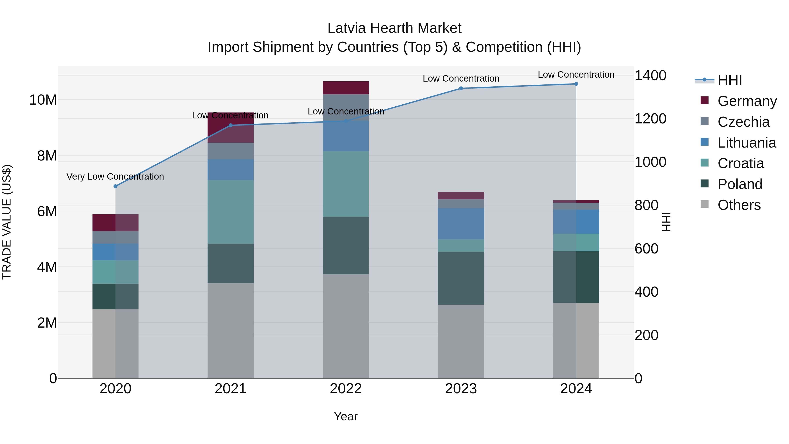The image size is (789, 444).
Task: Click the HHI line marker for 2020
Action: pos(116,186)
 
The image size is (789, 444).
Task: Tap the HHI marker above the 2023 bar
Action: pos(461,89)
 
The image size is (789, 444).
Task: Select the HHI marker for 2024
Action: pos(576,84)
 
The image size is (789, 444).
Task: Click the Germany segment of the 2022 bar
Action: pos(346,88)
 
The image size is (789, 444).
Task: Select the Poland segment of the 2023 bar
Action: pos(461,278)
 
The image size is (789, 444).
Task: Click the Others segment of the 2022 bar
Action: pos(346,326)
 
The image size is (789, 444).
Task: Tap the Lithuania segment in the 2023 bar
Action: pos(461,224)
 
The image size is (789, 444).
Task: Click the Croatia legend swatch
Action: pos(704,163)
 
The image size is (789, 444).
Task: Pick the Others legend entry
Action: pos(739,205)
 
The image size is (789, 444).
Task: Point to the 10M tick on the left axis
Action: pos(43,100)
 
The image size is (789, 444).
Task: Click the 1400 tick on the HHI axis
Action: pos(650,75)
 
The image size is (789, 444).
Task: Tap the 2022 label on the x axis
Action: pos(346,389)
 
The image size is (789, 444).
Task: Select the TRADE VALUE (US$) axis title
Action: pos(7,222)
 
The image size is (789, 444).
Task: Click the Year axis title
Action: pos(346,416)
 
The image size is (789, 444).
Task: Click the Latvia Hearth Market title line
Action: pos(394,28)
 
